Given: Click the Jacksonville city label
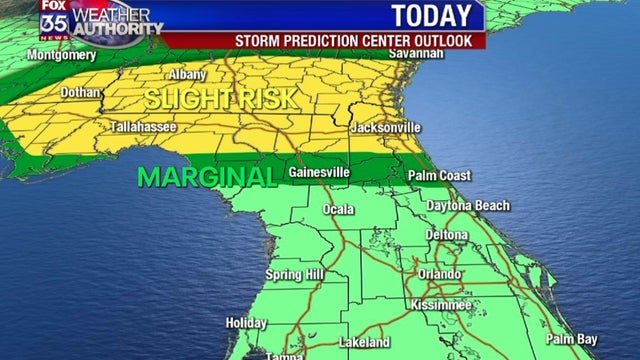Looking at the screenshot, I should pos(385,128).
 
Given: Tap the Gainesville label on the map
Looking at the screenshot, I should pos(319,172).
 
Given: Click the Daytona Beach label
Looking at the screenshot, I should pos(468,206).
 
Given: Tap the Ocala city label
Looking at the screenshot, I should pos(338,209).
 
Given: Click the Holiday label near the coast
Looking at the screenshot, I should pos(246,323).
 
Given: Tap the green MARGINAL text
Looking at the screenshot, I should pos(206,177).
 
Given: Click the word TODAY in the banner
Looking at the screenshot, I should pos(430,16).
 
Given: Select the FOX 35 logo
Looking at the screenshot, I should pos(53,19).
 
